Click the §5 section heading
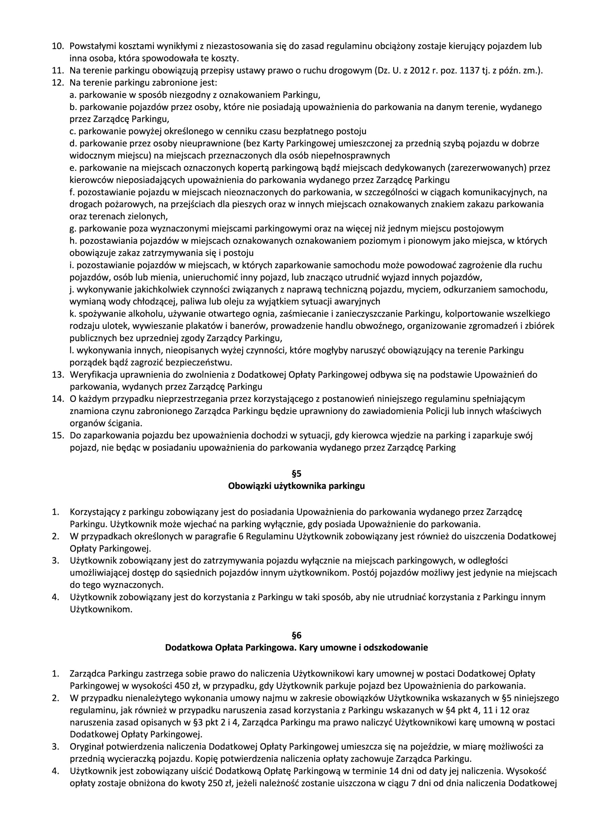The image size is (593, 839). (296, 474)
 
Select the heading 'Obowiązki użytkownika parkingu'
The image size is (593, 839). (296, 486)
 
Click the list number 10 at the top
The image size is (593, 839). (58, 47)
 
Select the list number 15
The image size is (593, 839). (58, 436)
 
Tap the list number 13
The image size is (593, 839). (58, 375)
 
